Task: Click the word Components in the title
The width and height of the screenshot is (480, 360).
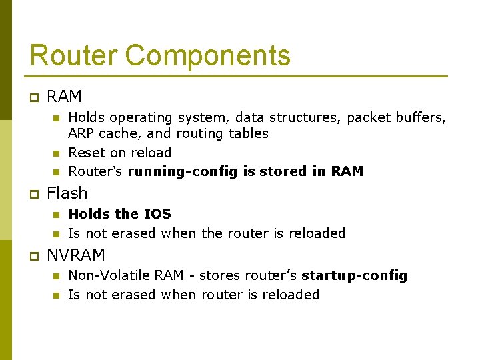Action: pyautogui.click(x=208, y=55)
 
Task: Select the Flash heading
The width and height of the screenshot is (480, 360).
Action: pyautogui.click(x=67, y=193)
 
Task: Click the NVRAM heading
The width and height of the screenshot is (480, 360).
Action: pyautogui.click(x=76, y=255)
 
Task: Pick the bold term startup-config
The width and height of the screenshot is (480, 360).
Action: pyautogui.click(x=354, y=275)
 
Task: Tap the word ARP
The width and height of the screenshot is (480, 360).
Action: pyautogui.click(x=81, y=133)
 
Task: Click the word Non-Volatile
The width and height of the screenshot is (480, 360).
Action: pyautogui.click(x=110, y=275)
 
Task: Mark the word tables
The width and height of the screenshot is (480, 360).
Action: pyautogui.click(x=249, y=133)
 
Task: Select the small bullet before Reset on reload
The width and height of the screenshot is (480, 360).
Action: pyautogui.click(x=56, y=153)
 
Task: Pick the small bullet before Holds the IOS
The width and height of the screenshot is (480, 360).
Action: pyautogui.click(x=56, y=215)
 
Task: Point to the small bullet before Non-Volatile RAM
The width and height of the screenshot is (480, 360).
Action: pyautogui.click(x=56, y=276)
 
